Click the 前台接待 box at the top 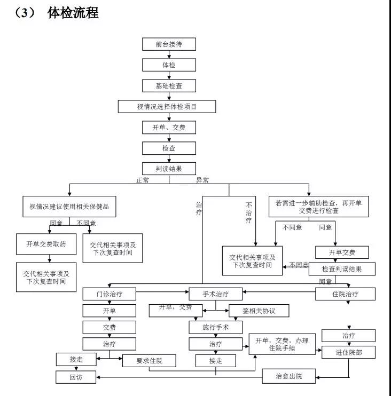tap(169, 44)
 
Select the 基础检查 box tap(169, 85)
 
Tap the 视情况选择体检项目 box tap(167, 107)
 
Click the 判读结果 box tap(169, 169)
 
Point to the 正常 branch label tap(143, 180)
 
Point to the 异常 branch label tap(203, 180)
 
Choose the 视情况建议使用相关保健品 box tap(69, 205)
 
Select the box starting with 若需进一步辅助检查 tap(318, 207)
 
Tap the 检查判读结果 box tap(342, 269)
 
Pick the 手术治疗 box tap(216, 294)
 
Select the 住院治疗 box tap(345, 294)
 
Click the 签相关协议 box tap(259, 310)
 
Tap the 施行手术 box tap(216, 327)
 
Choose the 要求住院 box tap(150, 361)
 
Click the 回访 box tap(76, 377)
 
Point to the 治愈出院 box tap(289, 377)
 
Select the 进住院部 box tap(348, 352)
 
